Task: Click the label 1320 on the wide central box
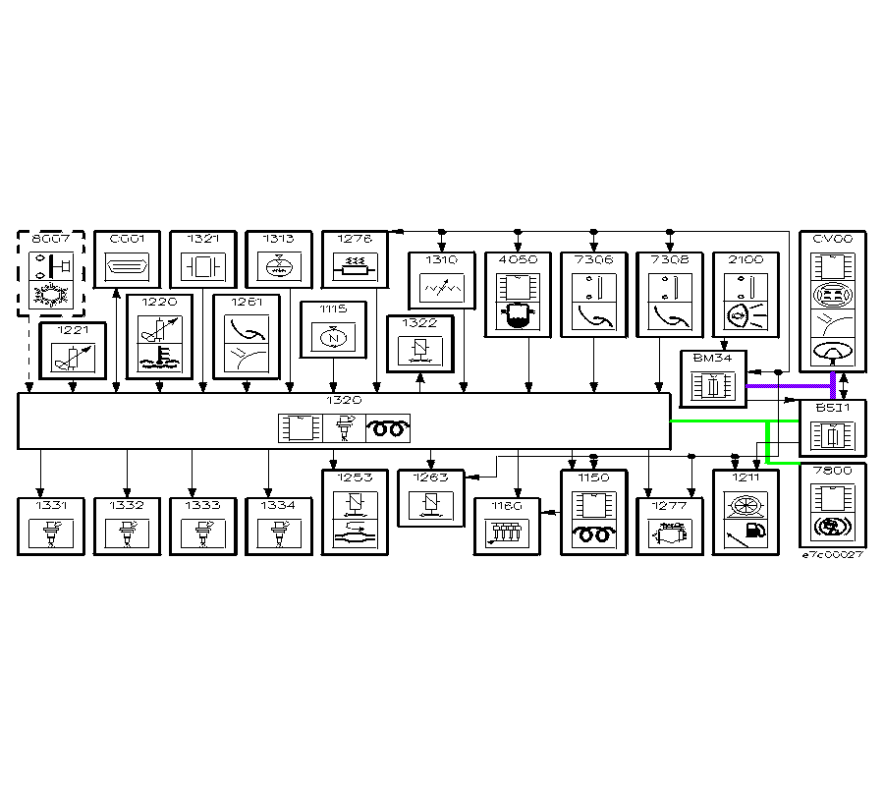(344, 401)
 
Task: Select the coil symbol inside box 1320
(389, 429)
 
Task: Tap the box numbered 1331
(51, 527)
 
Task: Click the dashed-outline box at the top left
(51, 274)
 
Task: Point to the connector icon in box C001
(127, 267)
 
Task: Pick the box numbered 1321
(203, 259)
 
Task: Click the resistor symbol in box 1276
(356, 266)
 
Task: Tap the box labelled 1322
(420, 344)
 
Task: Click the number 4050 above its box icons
(518, 260)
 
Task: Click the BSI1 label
(832, 406)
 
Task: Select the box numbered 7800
(833, 504)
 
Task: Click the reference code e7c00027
(832, 555)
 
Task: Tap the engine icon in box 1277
(669, 534)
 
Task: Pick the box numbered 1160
(508, 527)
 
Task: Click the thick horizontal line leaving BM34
(786, 386)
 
